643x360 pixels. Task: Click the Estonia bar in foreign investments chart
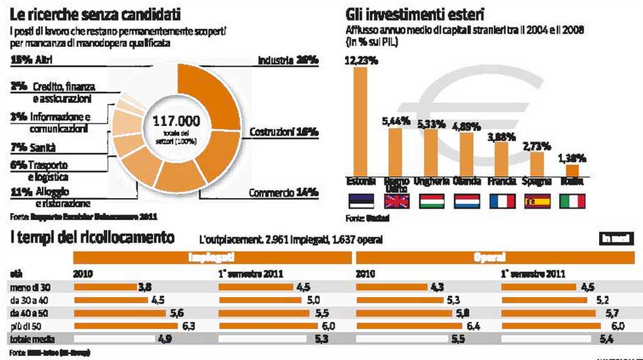tap(361, 121)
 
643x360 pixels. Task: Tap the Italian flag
tap(572, 201)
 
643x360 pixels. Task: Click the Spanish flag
tap(537, 201)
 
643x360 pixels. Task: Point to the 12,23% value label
tap(360, 60)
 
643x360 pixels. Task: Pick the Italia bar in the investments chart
tap(572, 170)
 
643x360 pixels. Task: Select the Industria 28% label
tap(287, 60)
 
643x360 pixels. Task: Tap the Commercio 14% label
tap(283, 193)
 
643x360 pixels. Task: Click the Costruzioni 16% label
tap(283, 132)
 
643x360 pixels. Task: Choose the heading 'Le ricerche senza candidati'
tap(96, 14)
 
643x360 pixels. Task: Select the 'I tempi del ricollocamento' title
tap(92, 237)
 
